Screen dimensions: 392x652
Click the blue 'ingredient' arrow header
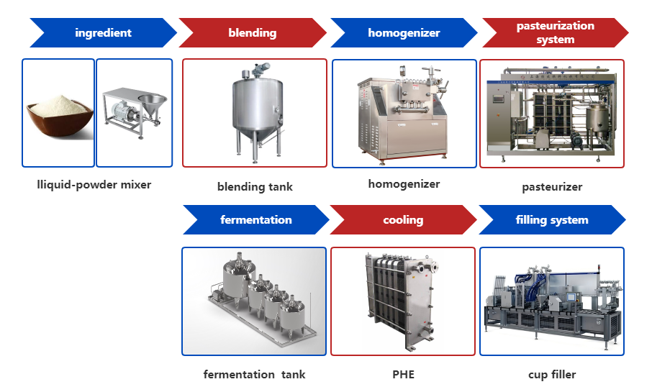[104, 33]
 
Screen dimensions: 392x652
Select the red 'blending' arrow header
[252, 33]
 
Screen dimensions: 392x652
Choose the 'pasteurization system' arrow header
[555, 33]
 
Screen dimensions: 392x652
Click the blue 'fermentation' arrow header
[255, 220]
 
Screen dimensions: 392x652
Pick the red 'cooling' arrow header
[403, 220]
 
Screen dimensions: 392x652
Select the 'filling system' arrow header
[552, 220]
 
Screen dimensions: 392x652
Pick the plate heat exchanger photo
[402, 301]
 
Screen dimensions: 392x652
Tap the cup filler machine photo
[552, 301]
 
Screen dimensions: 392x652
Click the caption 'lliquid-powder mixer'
[94, 185]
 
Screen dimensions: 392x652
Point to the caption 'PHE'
[403, 374]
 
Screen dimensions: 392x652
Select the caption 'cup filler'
[552, 374]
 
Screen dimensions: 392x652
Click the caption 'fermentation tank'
[254, 374]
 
